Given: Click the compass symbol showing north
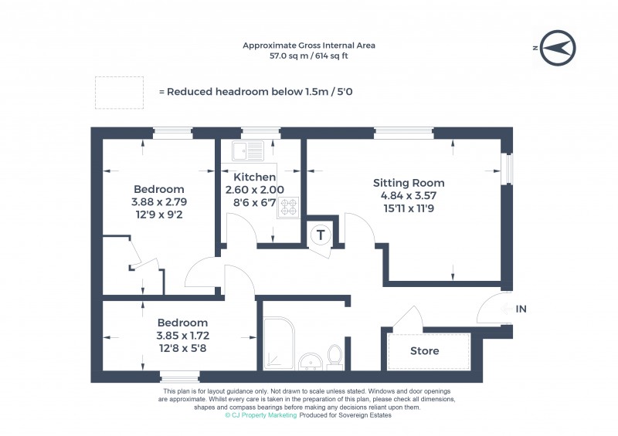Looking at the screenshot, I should pyautogui.click(x=557, y=48).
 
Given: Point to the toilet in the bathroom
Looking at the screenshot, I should pyautogui.click(x=335, y=357).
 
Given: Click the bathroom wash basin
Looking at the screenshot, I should pyautogui.click(x=311, y=361).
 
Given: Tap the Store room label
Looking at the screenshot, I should pyautogui.click(x=424, y=351).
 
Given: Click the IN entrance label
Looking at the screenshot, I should pyautogui.click(x=521, y=309).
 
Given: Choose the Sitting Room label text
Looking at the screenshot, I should pyautogui.click(x=409, y=183).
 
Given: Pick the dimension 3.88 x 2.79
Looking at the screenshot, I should pyautogui.click(x=158, y=202).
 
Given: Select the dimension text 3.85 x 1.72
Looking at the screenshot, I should pyautogui.click(x=183, y=336).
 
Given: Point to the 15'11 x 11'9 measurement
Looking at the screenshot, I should pyautogui.click(x=409, y=208).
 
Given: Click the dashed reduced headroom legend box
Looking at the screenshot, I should pyautogui.click(x=120, y=92).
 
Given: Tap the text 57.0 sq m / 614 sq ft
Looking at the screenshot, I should pyautogui.click(x=309, y=56).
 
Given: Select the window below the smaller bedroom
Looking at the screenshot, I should pyautogui.click(x=178, y=377).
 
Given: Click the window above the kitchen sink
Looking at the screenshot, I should pyautogui.click(x=253, y=132).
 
